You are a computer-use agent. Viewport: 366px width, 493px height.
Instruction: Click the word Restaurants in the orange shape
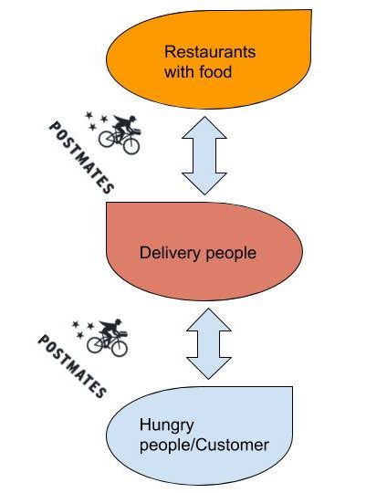pyautogui.click(x=210, y=51)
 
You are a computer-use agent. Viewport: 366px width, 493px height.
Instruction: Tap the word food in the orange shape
pyautogui.click(x=215, y=72)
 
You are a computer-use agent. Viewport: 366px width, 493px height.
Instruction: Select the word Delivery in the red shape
pyautogui.click(x=170, y=253)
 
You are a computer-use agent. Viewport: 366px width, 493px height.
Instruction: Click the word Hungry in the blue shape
pyautogui.click(x=167, y=425)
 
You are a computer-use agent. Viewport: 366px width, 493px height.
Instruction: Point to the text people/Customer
pyautogui.click(x=204, y=446)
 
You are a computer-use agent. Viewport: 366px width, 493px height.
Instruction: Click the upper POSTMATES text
pyautogui.click(x=81, y=158)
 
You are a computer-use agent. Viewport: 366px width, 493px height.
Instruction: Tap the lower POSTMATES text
pyautogui.click(x=71, y=366)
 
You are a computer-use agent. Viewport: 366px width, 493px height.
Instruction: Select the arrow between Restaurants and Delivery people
pyautogui.click(x=204, y=155)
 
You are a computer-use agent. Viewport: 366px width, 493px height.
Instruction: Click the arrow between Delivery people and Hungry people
pyautogui.click(x=209, y=343)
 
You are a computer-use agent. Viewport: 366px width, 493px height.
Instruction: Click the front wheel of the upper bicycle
pyautogui.click(x=131, y=146)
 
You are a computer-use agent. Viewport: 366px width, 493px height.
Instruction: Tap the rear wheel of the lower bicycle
pyautogui.click(x=95, y=344)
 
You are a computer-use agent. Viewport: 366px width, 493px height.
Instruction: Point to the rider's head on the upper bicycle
pyautogui.click(x=132, y=119)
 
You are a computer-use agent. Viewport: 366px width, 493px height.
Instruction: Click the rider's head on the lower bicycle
pyautogui.click(x=119, y=322)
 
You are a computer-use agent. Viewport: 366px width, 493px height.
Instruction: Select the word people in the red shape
pyautogui.click(x=231, y=254)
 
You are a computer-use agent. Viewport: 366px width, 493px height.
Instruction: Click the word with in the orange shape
pyautogui.click(x=179, y=72)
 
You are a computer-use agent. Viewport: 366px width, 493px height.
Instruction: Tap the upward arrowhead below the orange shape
pyautogui.click(x=204, y=127)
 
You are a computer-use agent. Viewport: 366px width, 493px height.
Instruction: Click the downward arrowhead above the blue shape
pyautogui.click(x=209, y=368)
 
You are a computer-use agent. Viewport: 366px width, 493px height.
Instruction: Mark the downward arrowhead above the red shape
pyautogui.click(x=204, y=184)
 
